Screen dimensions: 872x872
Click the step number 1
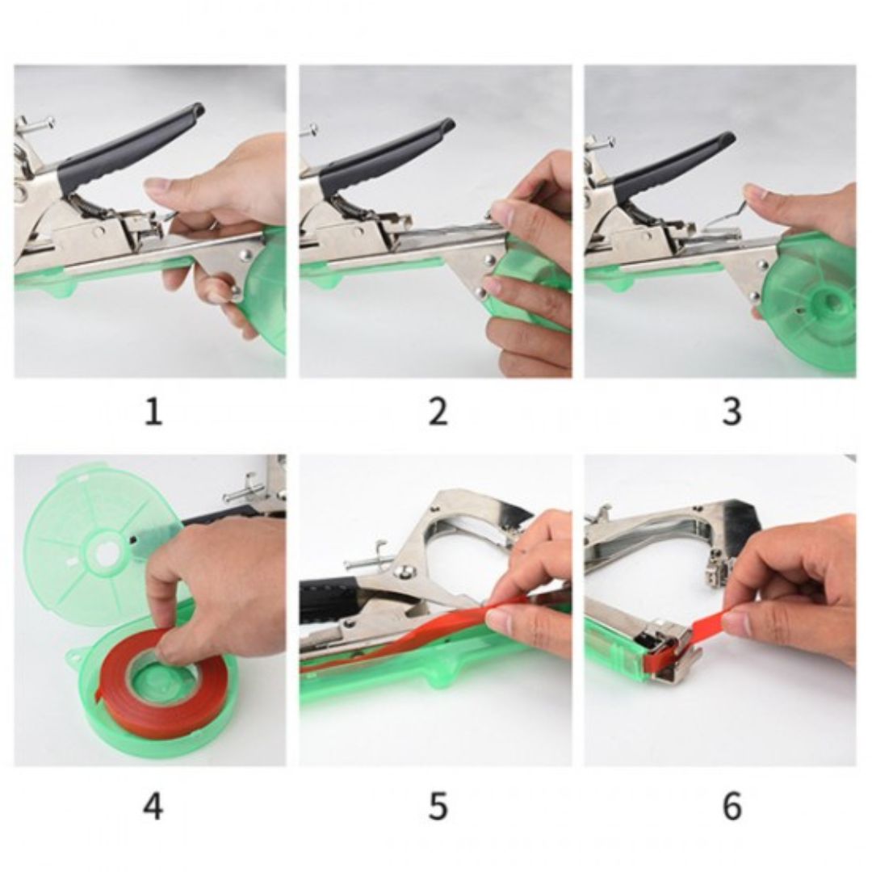[153, 412]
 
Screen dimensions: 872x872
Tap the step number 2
[438, 412]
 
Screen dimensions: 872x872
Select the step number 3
[732, 412]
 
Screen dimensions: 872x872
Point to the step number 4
[153, 806]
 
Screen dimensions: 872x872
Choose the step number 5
[438, 806]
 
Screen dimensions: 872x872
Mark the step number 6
[732, 806]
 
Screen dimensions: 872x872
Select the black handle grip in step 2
[389, 157]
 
